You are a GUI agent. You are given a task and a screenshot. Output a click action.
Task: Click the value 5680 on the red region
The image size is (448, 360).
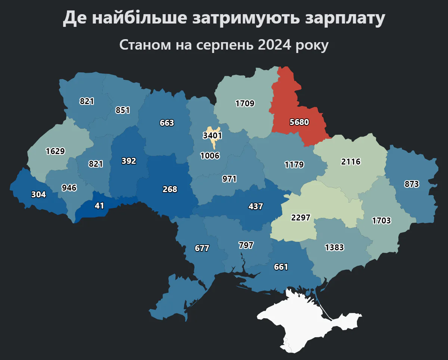pyautogui.click(x=299, y=122)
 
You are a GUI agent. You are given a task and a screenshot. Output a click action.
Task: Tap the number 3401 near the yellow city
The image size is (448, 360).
pyautogui.click(x=212, y=135)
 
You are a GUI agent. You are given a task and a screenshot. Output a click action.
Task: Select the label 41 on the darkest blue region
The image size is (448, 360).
pyautogui.click(x=99, y=206)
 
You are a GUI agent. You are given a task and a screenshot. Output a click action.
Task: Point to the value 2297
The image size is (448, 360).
pyautogui.click(x=301, y=217)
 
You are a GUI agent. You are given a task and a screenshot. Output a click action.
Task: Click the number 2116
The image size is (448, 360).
pyautogui.click(x=351, y=162)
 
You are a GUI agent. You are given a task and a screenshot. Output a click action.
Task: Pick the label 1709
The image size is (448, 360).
pyautogui.click(x=245, y=103)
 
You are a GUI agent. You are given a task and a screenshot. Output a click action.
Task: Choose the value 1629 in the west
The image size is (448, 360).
pyautogui.click(x=55, y=151)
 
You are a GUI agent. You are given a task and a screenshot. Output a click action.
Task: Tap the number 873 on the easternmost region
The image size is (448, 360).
pyautogui.click(x=411, y=184)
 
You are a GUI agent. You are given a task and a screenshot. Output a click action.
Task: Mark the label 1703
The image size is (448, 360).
pyautogui.click(x=381, y=220)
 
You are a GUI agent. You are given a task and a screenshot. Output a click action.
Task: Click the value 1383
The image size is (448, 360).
pyautogui.click(x=334, y=247)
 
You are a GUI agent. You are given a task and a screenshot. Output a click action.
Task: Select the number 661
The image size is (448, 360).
pyautogui.click(x=281, y=267)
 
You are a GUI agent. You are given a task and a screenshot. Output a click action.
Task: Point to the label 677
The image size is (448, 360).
pyautogui.click(x=202, y=248)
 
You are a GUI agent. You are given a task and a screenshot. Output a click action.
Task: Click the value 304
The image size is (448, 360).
pyautogui.click(x=38, y=194)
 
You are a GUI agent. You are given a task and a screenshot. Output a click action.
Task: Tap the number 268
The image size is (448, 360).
pyautogui.click(x=170, y=189)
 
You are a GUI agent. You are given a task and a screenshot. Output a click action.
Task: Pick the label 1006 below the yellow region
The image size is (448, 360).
pyautogui.click(x=210, y=156)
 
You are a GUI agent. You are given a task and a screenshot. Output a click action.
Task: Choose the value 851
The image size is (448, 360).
pyautogui.click(x=122, y=110)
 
